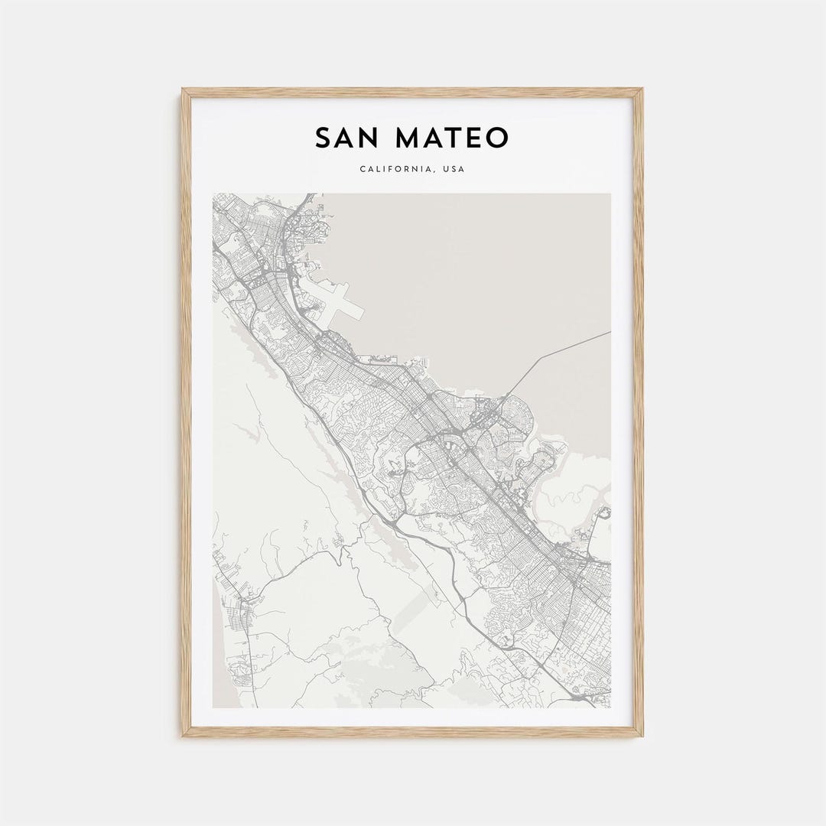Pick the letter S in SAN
pyautogui.click(x=324, y=138)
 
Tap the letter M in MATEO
pyautogui.click(x=410, y=138)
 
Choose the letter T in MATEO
pyautogui.click(x=456, y=138)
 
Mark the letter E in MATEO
pyautogui.click(x=475, y=138)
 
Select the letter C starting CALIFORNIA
pyautogui.click(x=362, y=169)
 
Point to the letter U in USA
pyautogui.click(x=444, y=169)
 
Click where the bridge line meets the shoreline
pyautogui.click(x=506, y=395)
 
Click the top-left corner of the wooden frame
pyautogui.click(x=184, y=90)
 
